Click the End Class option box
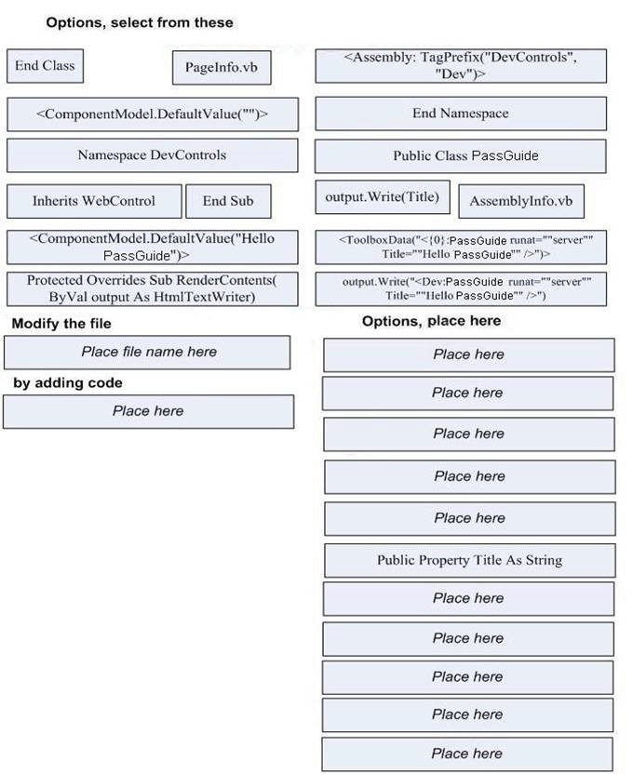[45, 66]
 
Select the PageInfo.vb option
[222, 68]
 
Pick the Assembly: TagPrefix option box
[461, 66]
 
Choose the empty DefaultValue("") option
[153, 114]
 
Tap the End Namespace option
[461, 114]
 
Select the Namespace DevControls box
[153, 155]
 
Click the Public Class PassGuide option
[461, 156]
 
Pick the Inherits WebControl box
[94, 201]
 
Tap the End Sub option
[228, 201]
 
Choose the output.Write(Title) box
[383, 197]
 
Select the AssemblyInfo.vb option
[521, 201]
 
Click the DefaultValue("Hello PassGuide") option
[153, 247]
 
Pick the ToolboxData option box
[461, 247]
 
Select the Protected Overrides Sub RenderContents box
[153, 288]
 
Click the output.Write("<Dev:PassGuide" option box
[461, 288]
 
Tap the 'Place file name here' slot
[147, 353]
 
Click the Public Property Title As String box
[470, 560]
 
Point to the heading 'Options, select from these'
[140, 22]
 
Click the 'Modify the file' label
[61, 324]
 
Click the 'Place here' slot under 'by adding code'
[148, 412]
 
